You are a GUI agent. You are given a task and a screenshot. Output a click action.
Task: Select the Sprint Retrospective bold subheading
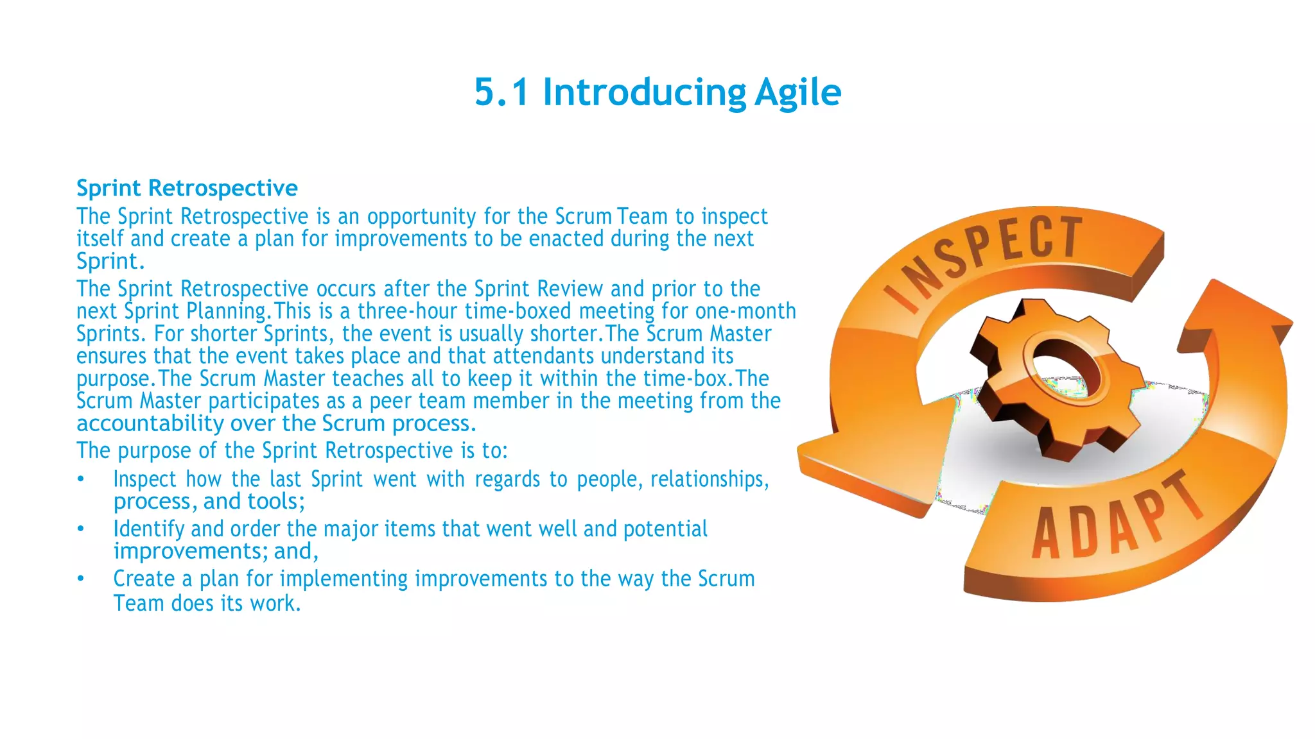pyautogui.click(x=187, y=188)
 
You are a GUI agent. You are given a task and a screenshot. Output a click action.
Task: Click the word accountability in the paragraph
pyautogui.click(x=150, y=423)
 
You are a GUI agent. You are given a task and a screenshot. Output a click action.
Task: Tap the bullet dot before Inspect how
pyautogui.click(x=81, y=479)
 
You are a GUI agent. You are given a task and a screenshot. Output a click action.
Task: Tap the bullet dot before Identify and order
pyautogui.click(x=81, y=529)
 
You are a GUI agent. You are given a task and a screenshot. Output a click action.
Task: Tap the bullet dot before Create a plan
pyautogui.click(x=81, y=579)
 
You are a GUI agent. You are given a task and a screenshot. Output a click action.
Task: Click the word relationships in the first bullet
pyautogui.click(x=709, y=479)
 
